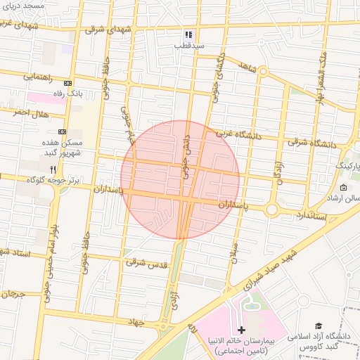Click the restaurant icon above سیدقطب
[188, 34]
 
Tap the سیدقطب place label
[189, 45]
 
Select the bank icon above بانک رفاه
[67, 83]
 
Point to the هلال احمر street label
[30, 112]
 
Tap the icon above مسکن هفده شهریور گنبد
[62, 131]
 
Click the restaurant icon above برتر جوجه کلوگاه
[53, 169]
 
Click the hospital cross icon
[241, 329]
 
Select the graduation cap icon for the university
[319, 326]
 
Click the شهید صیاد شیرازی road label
[267, 269]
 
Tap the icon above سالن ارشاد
[343, 188]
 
